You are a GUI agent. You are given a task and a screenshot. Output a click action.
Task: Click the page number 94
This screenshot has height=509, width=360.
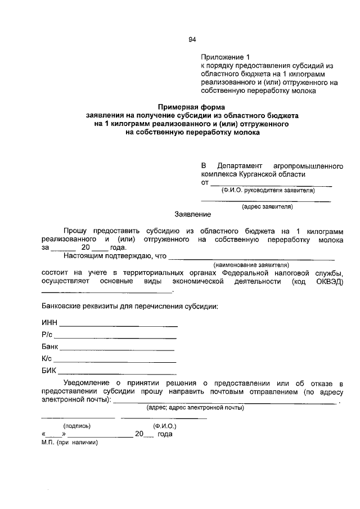pos(192,39)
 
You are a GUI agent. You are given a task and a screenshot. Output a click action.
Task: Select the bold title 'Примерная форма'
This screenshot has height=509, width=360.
pos(191,106)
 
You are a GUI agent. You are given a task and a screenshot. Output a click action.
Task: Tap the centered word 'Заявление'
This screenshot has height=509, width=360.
pos(192,214)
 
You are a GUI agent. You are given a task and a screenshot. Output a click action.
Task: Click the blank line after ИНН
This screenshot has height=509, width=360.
pos(118,326)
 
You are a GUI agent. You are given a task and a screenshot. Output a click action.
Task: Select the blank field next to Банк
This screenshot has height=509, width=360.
pos(118,350)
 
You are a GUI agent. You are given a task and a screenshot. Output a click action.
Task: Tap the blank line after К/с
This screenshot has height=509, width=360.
pos(115,362)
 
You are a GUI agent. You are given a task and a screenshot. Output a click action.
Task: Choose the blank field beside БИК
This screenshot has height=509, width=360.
pos(118,373)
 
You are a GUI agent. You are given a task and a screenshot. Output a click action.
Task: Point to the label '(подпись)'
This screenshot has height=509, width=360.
pos(78,426)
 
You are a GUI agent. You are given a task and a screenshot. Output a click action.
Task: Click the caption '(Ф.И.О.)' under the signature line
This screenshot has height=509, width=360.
pos(164,426)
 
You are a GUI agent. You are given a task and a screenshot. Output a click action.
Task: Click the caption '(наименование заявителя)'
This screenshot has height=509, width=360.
pos(250,264)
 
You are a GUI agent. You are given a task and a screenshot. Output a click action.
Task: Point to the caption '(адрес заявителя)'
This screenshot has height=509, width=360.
pos(267,206)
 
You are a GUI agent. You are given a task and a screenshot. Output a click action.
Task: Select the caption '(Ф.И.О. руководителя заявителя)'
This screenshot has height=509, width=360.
pos(267,190)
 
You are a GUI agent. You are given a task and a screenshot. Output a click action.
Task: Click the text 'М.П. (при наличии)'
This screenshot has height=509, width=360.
pos(70,442)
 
